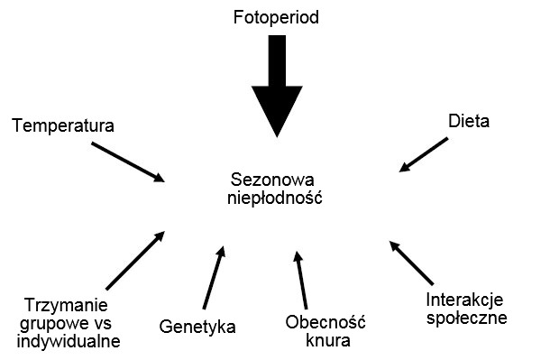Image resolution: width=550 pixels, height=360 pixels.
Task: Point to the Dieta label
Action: point(469,121)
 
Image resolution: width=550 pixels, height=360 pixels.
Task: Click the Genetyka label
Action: point(197,326)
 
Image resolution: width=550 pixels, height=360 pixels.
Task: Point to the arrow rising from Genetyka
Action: point(214,277)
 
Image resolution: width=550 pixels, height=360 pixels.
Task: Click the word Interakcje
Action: point(466,300)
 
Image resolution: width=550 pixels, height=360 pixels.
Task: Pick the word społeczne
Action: point(466,318)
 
